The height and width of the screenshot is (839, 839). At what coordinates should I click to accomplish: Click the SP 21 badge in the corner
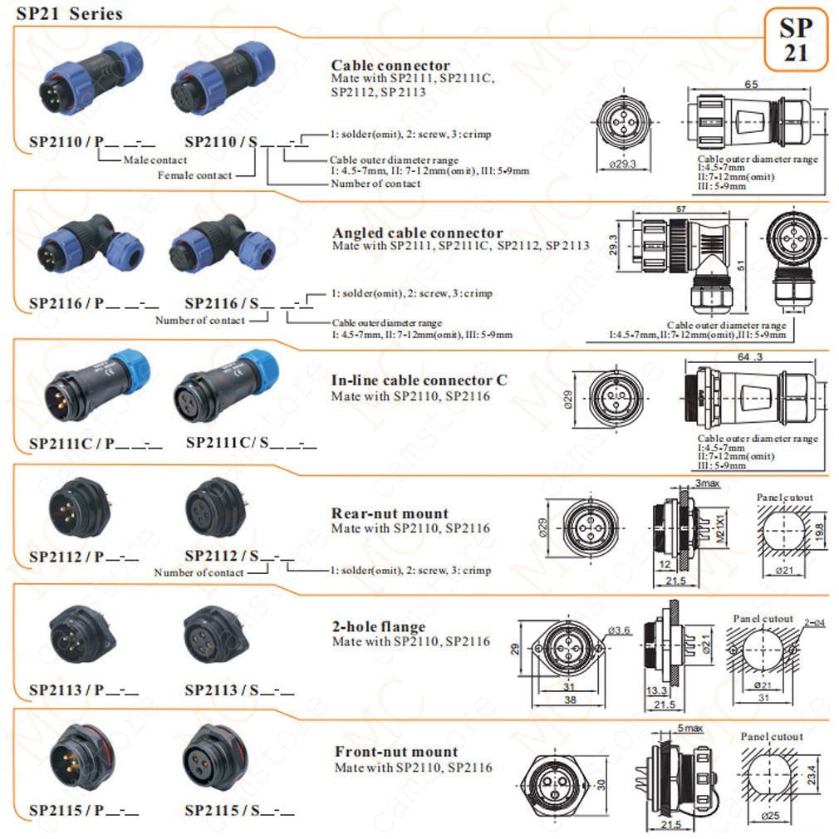(x=795, y=40)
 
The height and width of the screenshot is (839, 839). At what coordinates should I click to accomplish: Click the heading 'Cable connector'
(x=390, y=66)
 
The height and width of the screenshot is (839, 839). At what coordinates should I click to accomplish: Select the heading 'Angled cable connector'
(x=417, y=233)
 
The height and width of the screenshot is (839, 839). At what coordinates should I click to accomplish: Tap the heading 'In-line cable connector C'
(x=419, y=380)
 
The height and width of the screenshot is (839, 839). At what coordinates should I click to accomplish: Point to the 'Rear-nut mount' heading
(x=390, y=513)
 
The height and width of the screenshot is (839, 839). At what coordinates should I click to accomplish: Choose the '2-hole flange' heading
(x=378, y=626)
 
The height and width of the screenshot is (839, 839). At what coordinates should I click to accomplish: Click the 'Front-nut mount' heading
(x=395, y=753)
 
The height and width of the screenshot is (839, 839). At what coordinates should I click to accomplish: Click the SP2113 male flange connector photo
(x=81, y=634)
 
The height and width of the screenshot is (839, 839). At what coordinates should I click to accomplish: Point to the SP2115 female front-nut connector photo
(x=214, y=757)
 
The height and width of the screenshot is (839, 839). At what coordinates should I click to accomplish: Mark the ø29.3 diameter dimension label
(x=621, y=164)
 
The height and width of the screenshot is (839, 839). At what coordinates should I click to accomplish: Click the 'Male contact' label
(x=155, y=159)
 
